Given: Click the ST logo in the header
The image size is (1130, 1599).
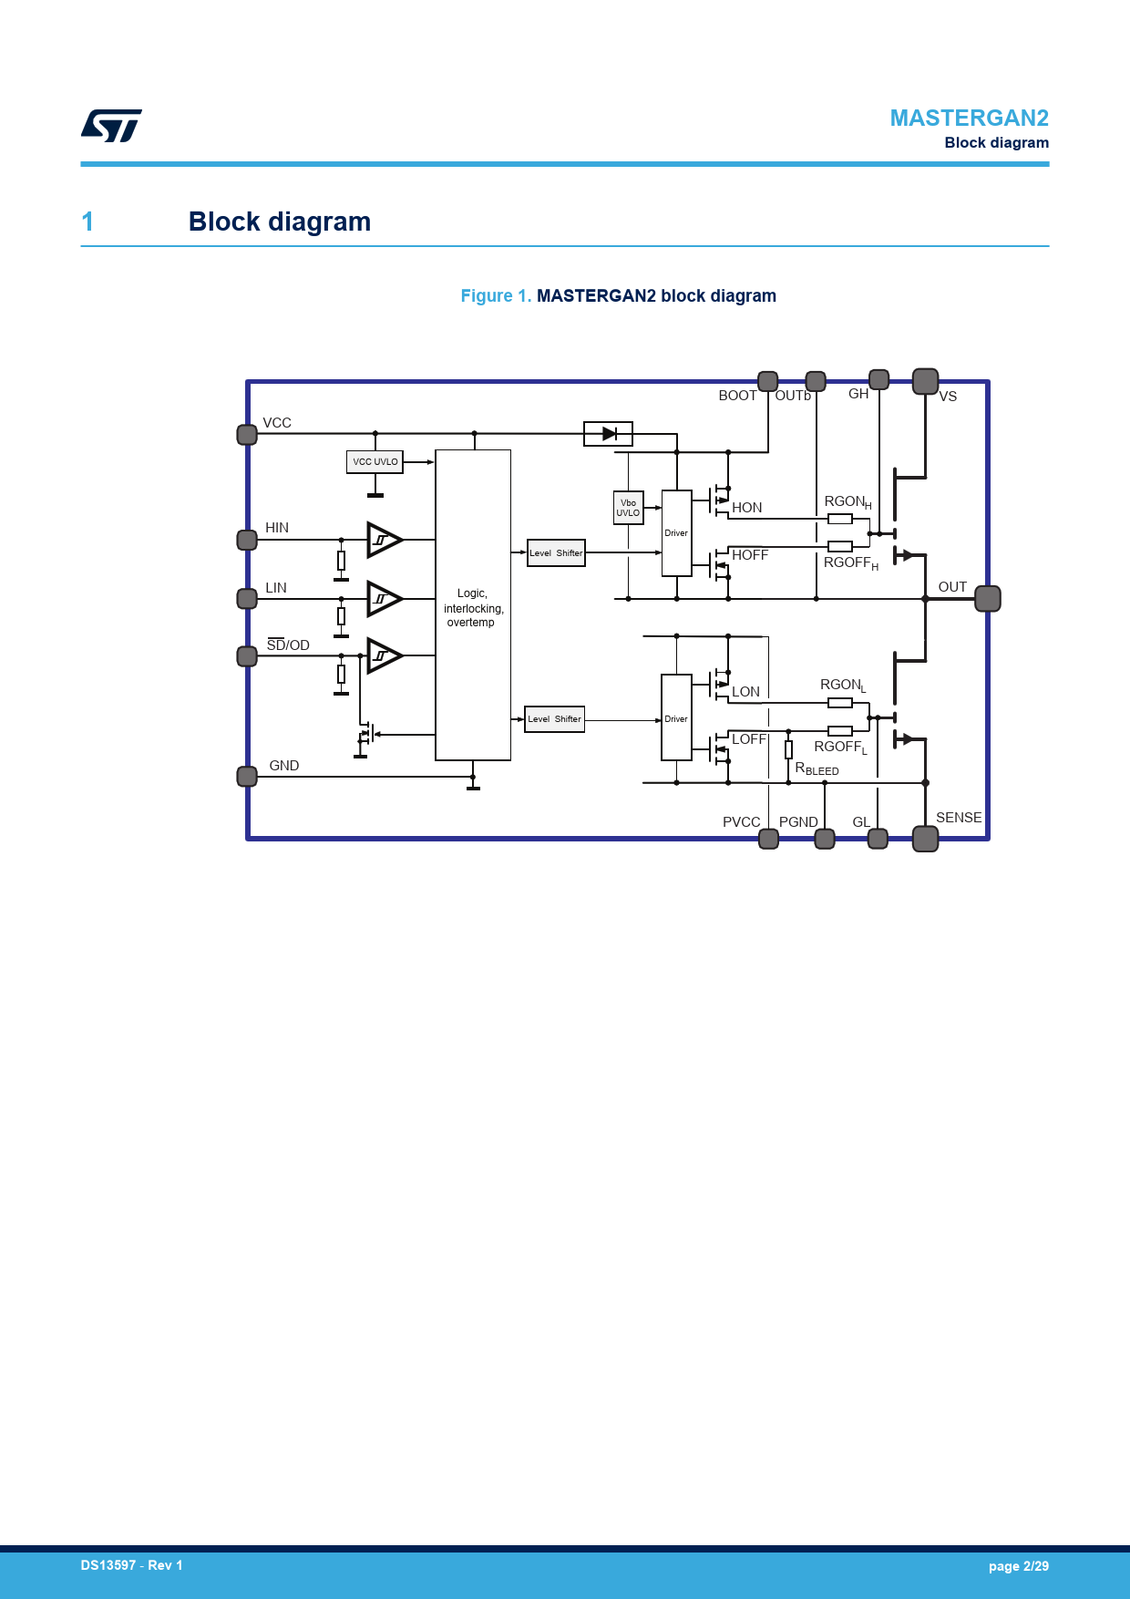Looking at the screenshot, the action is click(x=111, y=126).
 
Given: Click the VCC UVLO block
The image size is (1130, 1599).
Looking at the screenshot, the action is click(x=375, y=462).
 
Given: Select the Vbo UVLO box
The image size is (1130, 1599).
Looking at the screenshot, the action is click(x=628, y=508).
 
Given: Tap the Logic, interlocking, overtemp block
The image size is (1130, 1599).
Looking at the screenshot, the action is click(x=473, y=605).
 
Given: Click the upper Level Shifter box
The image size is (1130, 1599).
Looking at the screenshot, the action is click(x=556, y=552).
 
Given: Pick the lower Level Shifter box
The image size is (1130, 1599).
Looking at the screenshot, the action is click(x=554, y=719).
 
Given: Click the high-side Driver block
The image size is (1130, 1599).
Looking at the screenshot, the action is click(x=676, y=533).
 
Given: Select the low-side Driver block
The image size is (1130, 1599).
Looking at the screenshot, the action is click(x=676, y=717).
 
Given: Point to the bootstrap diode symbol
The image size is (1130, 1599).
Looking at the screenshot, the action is click(x=608, y=434).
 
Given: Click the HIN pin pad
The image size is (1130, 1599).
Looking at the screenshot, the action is click(x=247, y=540).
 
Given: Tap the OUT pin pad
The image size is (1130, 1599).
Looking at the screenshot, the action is click(x=988, y=599).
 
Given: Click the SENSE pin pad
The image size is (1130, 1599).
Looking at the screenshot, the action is click(x=926, y=839).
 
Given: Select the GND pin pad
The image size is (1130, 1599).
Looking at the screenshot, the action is click(x=247, y=777).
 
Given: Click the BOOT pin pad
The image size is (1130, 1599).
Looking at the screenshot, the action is click(x=768, y=381).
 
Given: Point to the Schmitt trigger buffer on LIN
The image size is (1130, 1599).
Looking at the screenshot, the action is click(x=385, y=599).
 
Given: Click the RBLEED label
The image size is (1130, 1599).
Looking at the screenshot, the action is click(x=817, y=769).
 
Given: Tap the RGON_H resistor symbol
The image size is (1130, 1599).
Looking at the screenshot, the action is click(x=840, y=519).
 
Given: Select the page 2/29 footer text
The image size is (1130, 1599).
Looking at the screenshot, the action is click(x=1019, y=1566).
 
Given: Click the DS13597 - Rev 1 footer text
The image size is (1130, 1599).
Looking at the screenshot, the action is click(x=131, y=1565).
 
